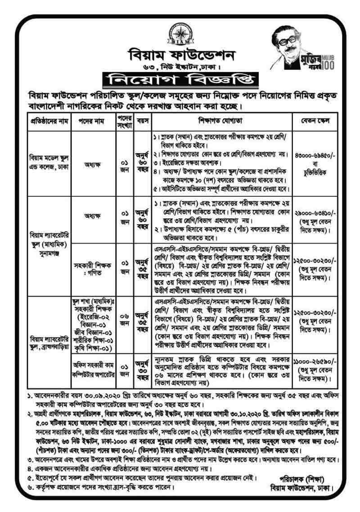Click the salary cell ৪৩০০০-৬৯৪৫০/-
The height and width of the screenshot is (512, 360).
click(312, 155)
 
